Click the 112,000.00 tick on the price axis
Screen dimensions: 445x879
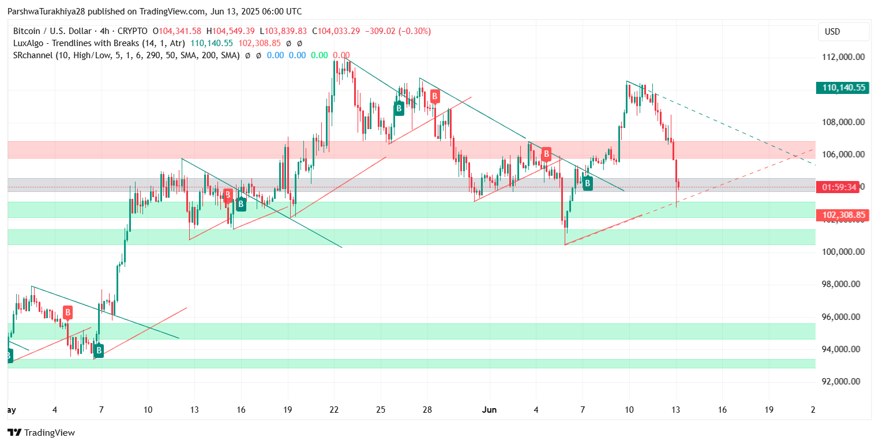[x=843, y=57]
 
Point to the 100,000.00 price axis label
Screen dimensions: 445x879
[x=843, y=252]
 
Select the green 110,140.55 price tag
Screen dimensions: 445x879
[x=843, y=88]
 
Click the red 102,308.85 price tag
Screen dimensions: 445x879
[x=843, y=216]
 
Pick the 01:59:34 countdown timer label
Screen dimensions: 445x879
[x=839, y=187]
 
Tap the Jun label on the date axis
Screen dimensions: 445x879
[x=489, y=410]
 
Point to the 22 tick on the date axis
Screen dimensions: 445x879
[x=334, y=410]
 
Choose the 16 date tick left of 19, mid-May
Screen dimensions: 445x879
[x=241, y=410]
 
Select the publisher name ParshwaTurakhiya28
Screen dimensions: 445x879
[x=46, y=12]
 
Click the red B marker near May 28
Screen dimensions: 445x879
[x=434, y=96]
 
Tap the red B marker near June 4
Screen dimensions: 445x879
[x=546, y=154]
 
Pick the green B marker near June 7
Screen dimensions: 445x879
[x=588, y=184]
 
